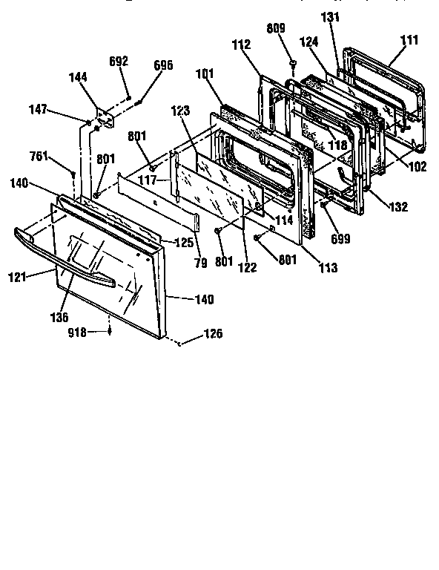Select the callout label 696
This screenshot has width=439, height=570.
click(163, 65)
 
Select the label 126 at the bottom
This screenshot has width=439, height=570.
click(213, 333)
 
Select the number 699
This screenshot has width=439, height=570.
click(341, 239)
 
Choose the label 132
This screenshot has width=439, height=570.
click(398, 207)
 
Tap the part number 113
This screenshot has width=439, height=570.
click(328, 266)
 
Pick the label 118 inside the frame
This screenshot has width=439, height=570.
click(337, 146)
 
